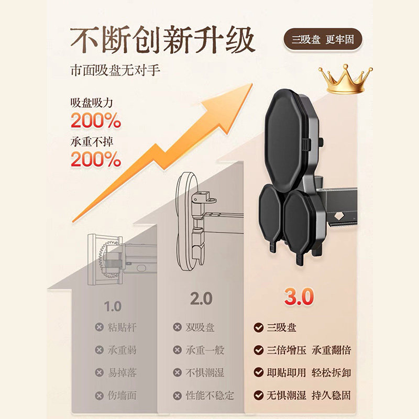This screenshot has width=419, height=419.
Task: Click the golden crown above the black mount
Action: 345,80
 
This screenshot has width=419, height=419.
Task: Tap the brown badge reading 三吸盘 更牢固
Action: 323,40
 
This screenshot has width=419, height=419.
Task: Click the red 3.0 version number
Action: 299,296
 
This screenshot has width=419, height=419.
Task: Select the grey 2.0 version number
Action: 201,299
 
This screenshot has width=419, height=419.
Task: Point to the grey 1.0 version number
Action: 113,306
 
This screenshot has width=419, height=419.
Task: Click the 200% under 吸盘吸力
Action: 96,120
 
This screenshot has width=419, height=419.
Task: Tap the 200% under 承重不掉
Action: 96,159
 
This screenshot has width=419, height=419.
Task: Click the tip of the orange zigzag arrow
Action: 252,83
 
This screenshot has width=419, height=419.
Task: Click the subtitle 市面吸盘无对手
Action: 115,71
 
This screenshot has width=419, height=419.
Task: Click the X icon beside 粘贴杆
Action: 99,327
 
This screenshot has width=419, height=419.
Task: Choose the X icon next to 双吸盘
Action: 177,327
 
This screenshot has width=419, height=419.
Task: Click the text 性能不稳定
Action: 210,395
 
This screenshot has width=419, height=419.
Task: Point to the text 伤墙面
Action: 122,395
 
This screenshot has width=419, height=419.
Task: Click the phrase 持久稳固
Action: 331,395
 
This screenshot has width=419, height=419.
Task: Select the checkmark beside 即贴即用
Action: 258,372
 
